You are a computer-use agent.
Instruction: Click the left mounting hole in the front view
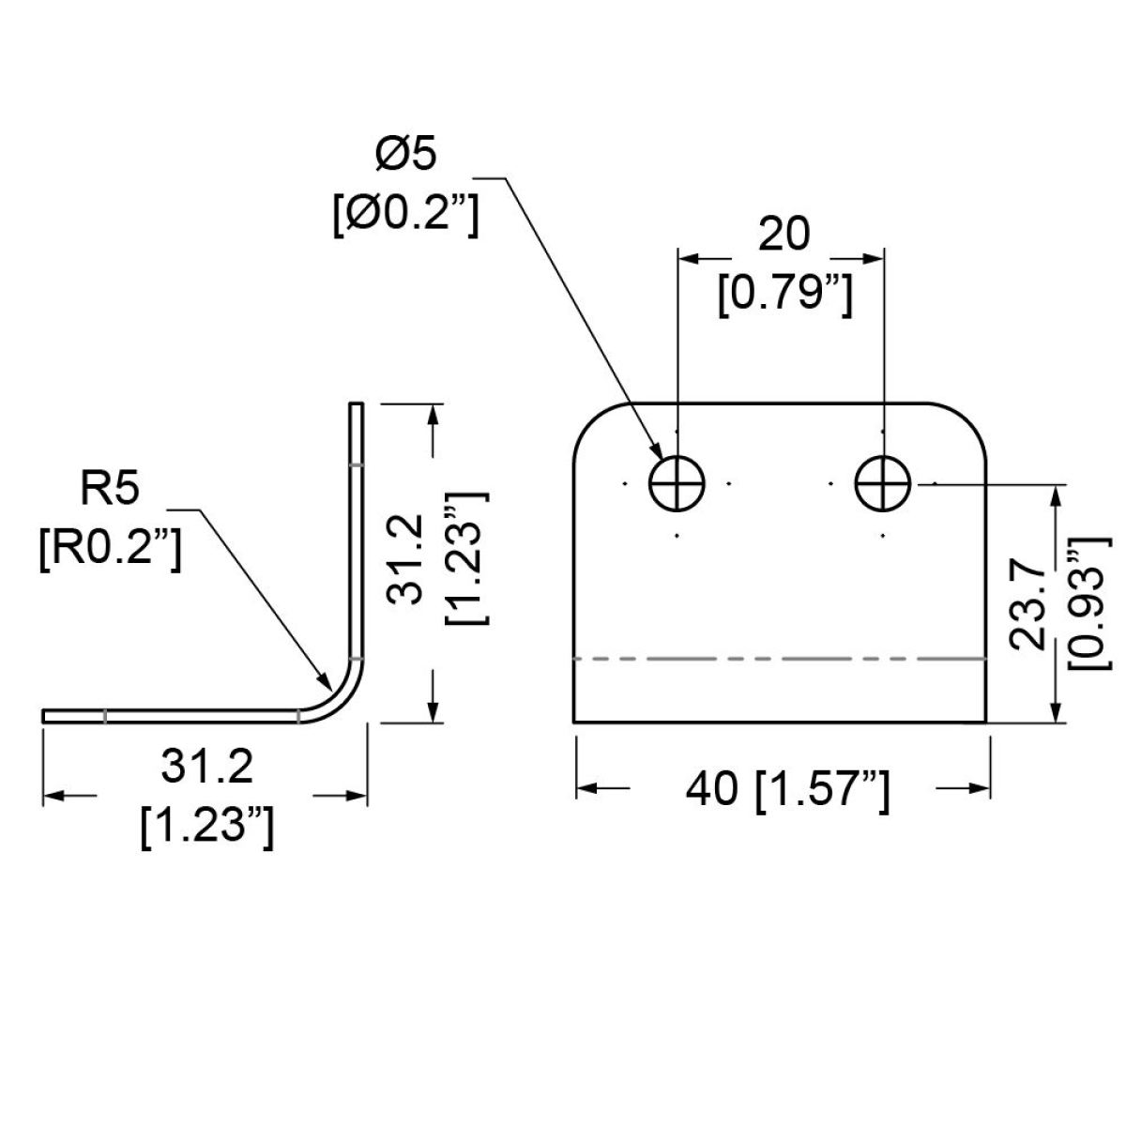tap(677, 484)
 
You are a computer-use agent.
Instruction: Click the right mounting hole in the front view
tap(883, 484)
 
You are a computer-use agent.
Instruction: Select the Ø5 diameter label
tap(406, 154)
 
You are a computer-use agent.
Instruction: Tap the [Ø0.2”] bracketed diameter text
tap(405, 216)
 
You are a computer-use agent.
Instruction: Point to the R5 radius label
tap(110, 489)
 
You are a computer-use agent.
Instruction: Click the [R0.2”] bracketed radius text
tap(111, 550)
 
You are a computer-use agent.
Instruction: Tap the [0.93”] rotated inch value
tap(1088, 603)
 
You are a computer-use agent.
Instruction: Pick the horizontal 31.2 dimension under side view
tap(206, 767)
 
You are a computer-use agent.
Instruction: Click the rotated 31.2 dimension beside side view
tap(404, 558)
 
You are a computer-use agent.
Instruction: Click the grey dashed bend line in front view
tap(780, 659)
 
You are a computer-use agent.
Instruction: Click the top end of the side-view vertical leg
tap(357, 403)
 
